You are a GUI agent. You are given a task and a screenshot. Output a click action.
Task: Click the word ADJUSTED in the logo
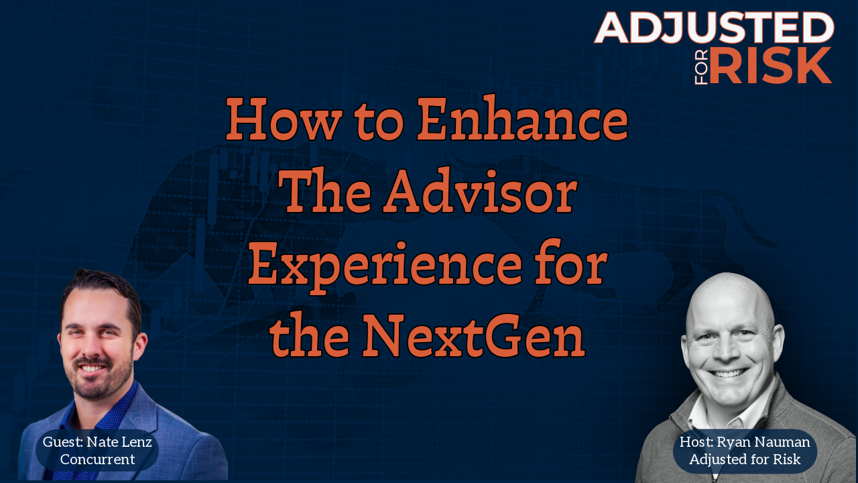714,28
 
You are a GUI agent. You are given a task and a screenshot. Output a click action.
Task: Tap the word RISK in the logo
771,65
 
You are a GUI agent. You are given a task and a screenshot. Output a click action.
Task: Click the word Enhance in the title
522,119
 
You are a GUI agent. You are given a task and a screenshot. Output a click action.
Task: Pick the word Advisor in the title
481,192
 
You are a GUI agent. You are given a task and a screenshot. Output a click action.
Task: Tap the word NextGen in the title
474,336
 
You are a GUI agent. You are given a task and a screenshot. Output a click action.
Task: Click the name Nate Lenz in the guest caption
119,442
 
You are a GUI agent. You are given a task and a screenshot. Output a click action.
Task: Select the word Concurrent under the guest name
97,460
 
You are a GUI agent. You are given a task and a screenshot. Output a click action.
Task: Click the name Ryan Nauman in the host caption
763,442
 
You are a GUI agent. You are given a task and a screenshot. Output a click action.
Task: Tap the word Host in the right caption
696,442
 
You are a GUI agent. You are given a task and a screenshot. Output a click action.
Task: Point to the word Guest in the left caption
63,442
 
